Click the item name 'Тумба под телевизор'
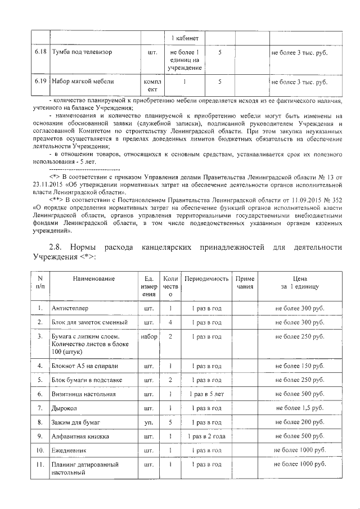pyautogui.click(x=82, y=52)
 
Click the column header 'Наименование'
pyautogui.click(x=93, y=279)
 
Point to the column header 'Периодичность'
pyautogui.click(x=206, y=279)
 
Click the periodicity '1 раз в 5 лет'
pyautogui.click(x=206, y=394)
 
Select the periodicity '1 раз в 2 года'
pyautogui.click(x=206, y=436)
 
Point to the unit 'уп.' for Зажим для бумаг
pyautogui.click(x=149, y=422)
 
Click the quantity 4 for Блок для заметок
pyautogui.click(x=170, y=322)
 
